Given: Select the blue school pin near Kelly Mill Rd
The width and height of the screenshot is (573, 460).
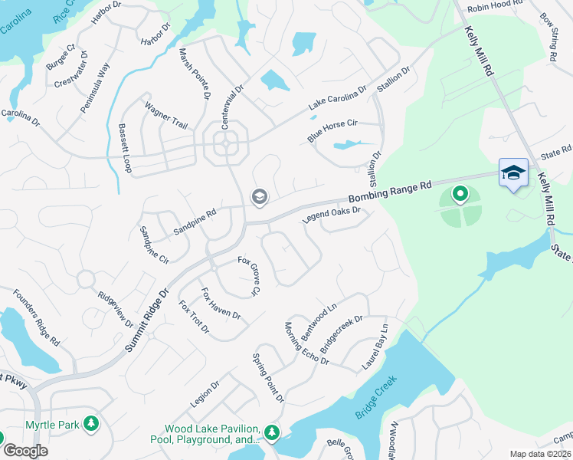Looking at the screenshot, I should pyautogui.click(x=512, y=173).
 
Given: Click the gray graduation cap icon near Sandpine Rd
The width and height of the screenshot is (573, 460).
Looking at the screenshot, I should pyautogui.click(x=259, y=198).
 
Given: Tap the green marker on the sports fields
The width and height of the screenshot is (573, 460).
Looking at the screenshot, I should pyautogui.click(x=460, y=194).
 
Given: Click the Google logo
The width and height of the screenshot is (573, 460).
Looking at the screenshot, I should pyautogui.click(x=25, y=451).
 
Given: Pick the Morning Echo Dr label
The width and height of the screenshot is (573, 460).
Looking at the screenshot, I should pyautogui.click(x=306, y=343).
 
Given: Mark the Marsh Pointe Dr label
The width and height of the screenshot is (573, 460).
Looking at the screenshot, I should pyautogui.click(x=194, y=75).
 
